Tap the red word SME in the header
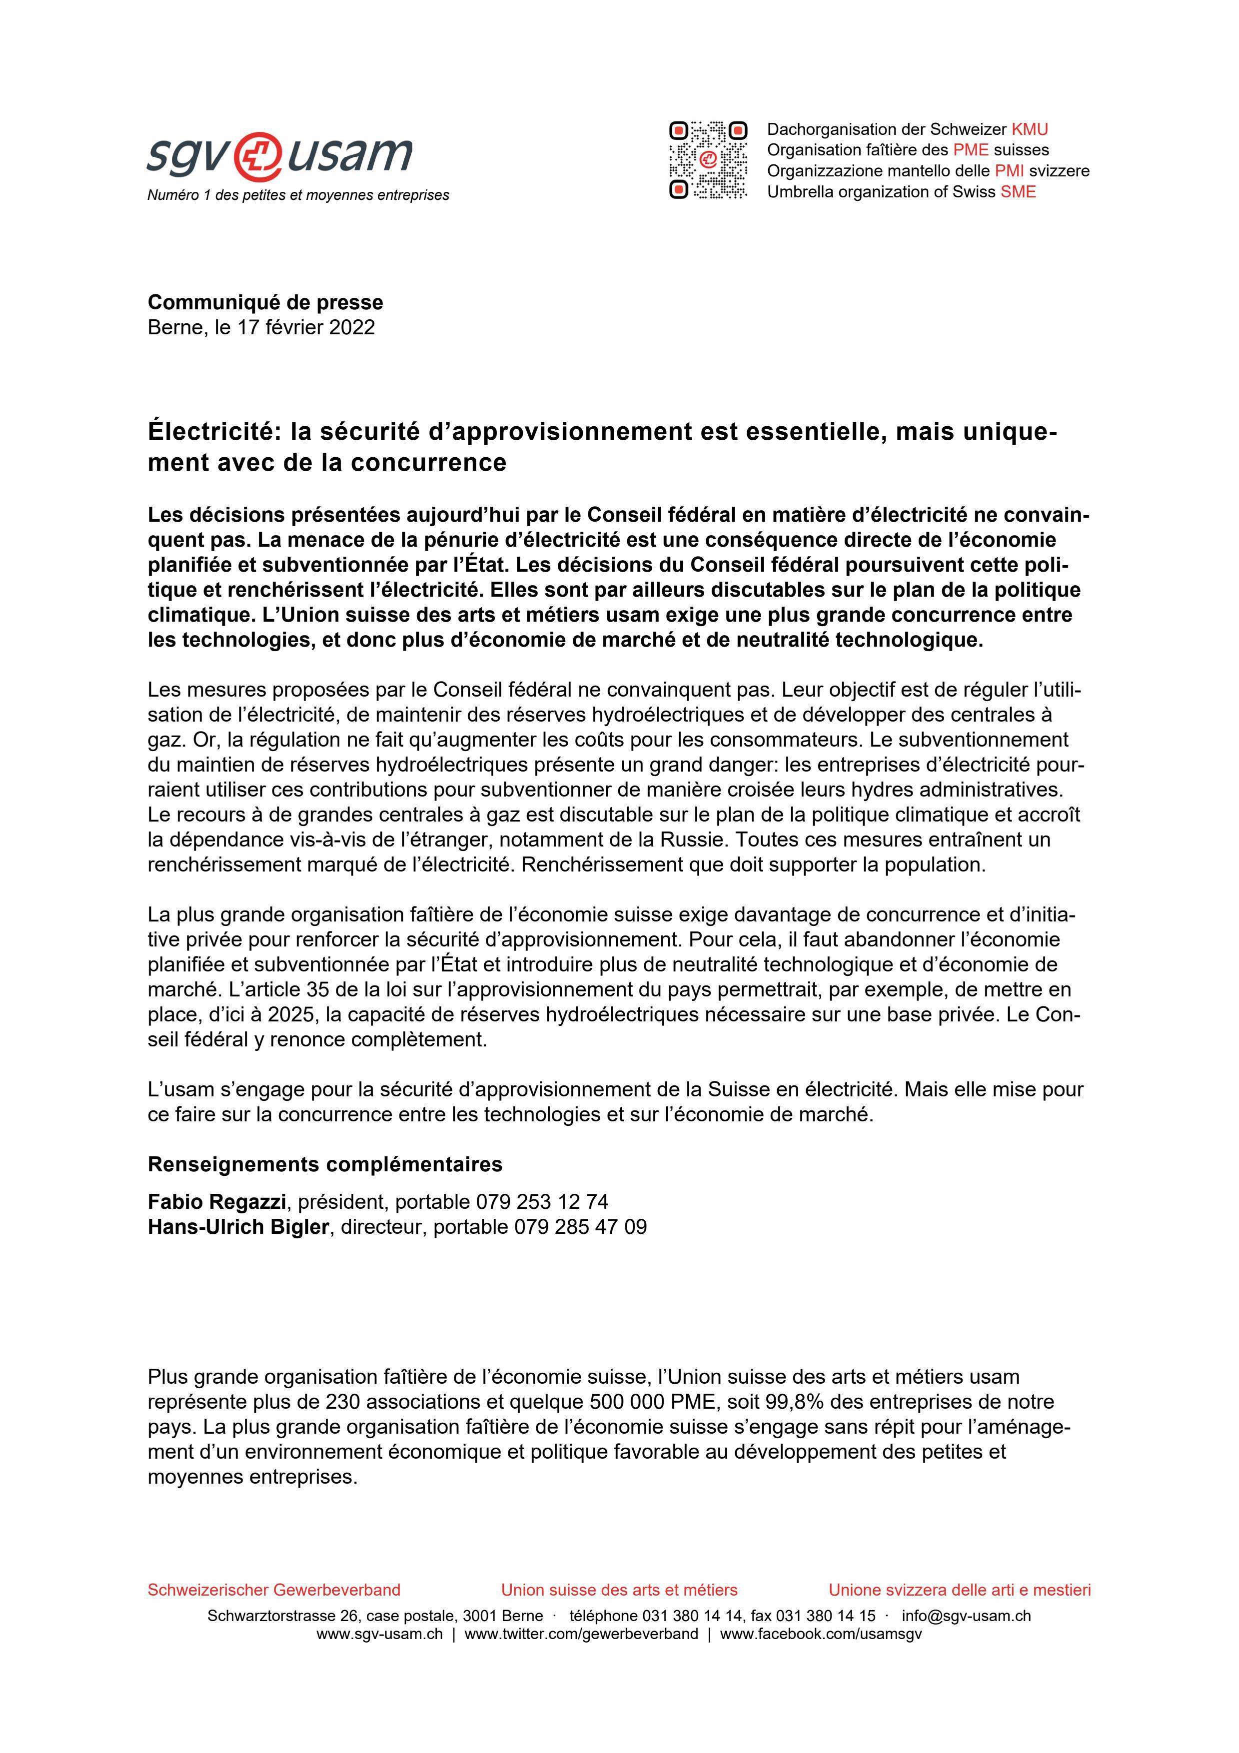point(1019,191)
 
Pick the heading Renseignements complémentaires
point(324,1164)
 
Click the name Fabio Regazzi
point(216,1202)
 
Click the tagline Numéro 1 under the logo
point(298,195)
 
